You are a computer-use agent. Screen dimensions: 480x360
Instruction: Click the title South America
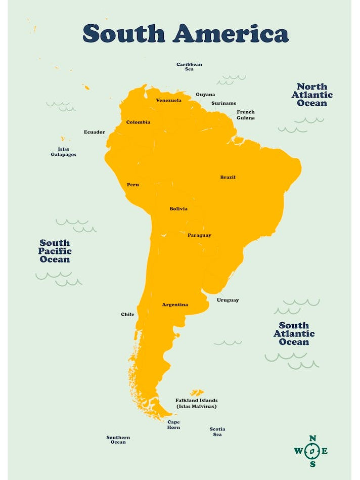(x=186, y=33)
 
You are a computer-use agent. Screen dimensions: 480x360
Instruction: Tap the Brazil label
(x=228, y=177)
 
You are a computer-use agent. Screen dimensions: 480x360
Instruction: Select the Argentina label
(x=175, y=304)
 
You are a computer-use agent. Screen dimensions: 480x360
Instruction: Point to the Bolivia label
(x=178, y=209)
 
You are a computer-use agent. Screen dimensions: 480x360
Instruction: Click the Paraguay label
(x=199, y=235)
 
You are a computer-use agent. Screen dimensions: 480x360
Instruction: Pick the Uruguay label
(x=228, y=300)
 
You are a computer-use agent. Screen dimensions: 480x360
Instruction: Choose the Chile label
(x=127, y=314)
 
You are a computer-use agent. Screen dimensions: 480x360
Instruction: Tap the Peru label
(x=132, y=185)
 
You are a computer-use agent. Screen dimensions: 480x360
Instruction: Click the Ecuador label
(x=95, y=132)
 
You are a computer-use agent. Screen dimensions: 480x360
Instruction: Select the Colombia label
(x=138, y=122)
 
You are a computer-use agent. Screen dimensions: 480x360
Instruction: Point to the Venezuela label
(x=168, y=100)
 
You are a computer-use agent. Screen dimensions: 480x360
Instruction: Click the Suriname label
(x=223, y=103)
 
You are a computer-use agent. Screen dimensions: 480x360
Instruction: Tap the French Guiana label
(x=246, y=115)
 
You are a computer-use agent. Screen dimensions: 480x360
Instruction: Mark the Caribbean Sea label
(x=189, y=66)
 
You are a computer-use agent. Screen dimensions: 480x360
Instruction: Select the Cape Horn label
(x=173, y=425)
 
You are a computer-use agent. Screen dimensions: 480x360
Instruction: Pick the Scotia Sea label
(x=217, y=431)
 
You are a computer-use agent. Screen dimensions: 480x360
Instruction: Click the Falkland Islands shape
(x=197, y=392)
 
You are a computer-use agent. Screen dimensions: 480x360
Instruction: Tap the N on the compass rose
(x=312, y=439)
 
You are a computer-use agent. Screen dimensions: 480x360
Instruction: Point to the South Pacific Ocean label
(x=55, y=251)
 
